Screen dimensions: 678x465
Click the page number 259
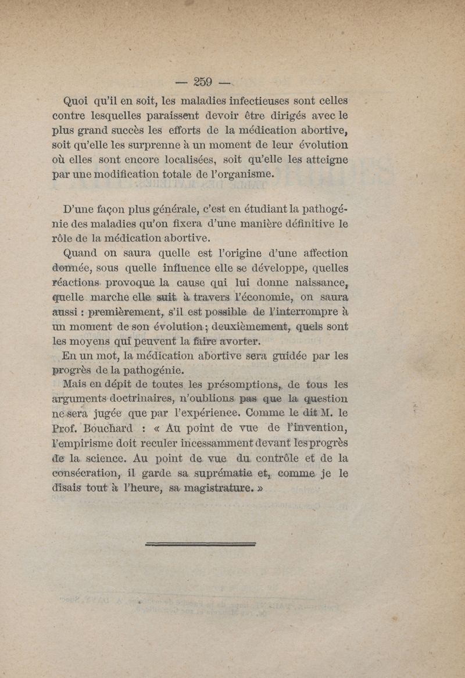click(x=199, y=81)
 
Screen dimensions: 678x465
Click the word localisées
click(x=219, y=159)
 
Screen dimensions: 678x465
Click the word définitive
click(x=302, y=222)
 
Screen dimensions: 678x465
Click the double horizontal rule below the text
click(x=202, y=545)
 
